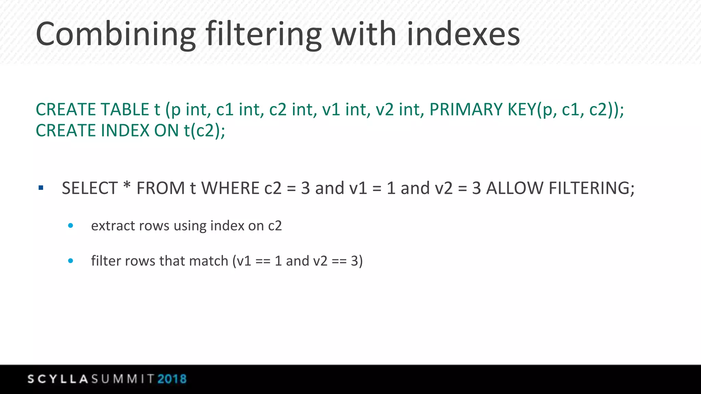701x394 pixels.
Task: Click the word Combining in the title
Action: click(x=116, y=34)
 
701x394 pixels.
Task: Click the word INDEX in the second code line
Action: click(x=125, y=130)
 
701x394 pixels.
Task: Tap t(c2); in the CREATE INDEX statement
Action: click(x=205, y=130)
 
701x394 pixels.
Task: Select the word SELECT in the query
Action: click(x=90, y=188)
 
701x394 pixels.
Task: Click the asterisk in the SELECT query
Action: click(x=127, y=186)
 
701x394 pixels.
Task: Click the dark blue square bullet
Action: click(x=41, y=188)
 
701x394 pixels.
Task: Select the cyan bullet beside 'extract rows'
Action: click(x=71, y=225)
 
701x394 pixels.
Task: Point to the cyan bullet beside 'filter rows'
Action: click(x=71, y=261)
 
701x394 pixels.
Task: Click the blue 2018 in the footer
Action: click(x=172, y=379)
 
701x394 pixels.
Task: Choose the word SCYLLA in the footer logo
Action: click(x=58, y=379)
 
